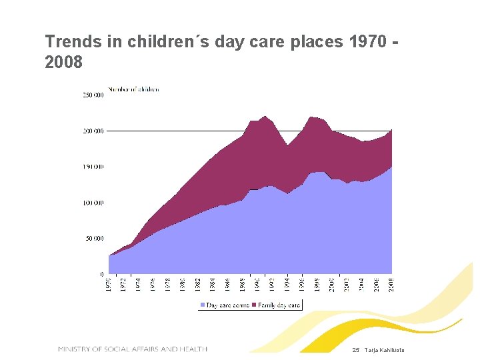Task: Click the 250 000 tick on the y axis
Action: pyautogui.click(x=93, y=95)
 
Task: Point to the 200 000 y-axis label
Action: pyautogui.click(x=93, y=131)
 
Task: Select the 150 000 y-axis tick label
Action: pyautogui.click(x=93, y=167)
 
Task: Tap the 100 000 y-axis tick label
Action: pyautogui.click(x=93, y=203)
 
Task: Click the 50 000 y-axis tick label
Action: pyautogui.click(x=95, y=238)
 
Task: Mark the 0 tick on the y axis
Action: pyautogui.click(x=101, y=274)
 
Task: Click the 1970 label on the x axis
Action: pyautogui.click(x=109, y=285)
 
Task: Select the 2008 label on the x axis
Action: pyautogui.click(x=392, y=285)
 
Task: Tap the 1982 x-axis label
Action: pyautogui.click(x=198, y=285)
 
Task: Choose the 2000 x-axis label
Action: pyautogui.click(x=332, y=285)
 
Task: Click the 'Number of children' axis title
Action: pyautogui.click(x=133, y=89)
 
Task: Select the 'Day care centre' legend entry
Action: pyautogui.click(x=225, y=305)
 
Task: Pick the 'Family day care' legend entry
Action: pyautogui.click(x=276, y=305)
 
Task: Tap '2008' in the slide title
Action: pyautogui.click(x=64, y=63)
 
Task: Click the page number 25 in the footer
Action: pyautogui.click(x=355, y=351)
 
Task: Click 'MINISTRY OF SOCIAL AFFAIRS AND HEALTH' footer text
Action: pyautogui.click(x=133, y=349)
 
